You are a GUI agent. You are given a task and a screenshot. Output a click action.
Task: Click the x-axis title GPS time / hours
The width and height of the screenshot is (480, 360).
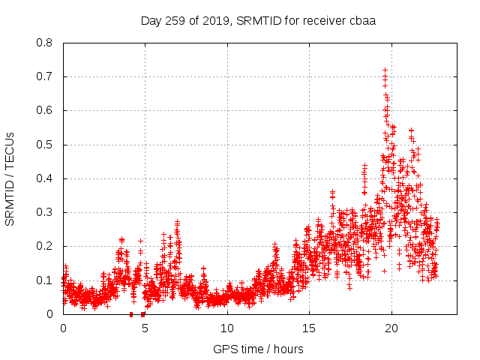258,349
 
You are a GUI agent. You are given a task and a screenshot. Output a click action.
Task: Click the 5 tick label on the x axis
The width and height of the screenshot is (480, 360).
145,328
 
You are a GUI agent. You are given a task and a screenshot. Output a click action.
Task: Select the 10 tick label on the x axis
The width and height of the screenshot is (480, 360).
226,328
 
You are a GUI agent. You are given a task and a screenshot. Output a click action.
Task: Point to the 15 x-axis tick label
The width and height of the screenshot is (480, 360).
308,328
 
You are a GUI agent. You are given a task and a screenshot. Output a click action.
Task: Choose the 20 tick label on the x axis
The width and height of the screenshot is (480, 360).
390,328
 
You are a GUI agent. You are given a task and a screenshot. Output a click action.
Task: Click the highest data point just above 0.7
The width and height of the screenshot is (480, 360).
385,70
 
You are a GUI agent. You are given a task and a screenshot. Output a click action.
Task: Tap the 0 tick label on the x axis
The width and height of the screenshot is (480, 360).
63,328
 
